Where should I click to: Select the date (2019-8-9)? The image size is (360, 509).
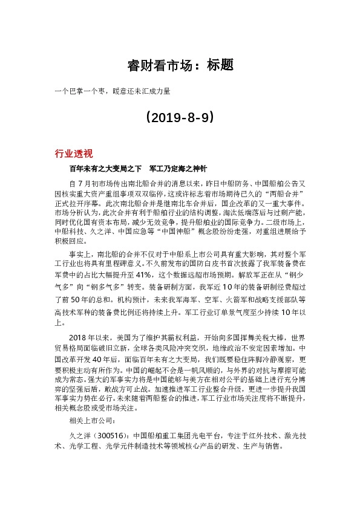(x=180, y=117)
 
